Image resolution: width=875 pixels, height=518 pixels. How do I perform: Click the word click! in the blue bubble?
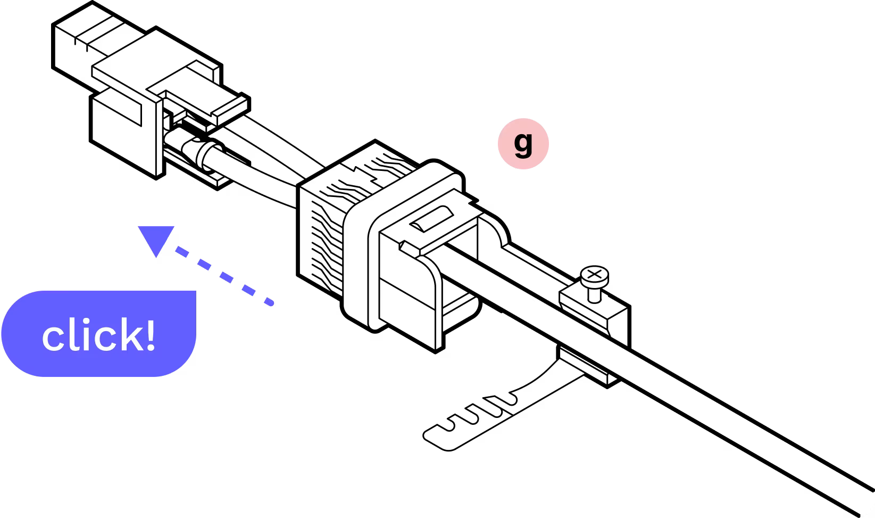coord(99,335)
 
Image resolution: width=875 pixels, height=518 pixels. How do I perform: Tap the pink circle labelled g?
coord(523,143)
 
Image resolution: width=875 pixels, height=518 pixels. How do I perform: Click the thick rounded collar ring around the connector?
coord(362,266)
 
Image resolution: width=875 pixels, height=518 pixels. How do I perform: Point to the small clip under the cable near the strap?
coord(588,365)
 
